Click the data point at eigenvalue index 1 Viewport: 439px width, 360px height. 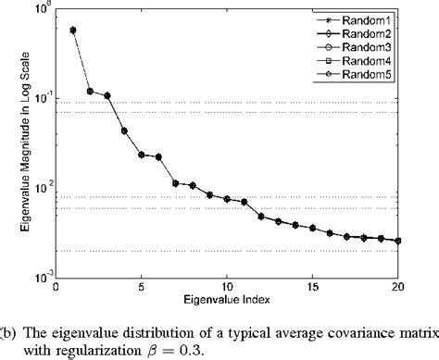coord(73,30)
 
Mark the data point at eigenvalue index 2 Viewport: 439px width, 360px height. coord(90,91)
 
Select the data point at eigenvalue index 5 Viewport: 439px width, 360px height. coord(142,155)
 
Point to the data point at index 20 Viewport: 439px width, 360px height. coord(398,241)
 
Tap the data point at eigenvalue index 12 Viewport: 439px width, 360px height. coord(261,217)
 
